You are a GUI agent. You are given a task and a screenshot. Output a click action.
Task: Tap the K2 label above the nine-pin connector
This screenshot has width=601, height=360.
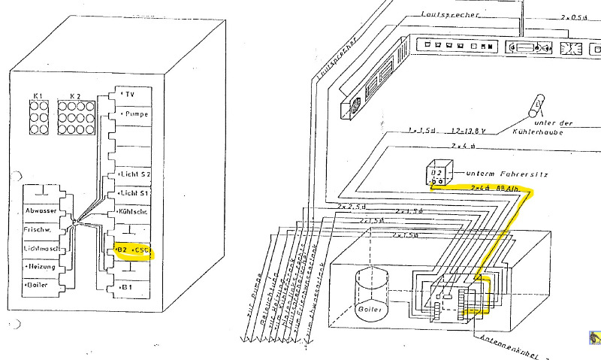(x=74, y=96)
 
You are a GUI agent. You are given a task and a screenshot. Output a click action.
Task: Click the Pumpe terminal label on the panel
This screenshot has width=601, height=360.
(x=136, y=113)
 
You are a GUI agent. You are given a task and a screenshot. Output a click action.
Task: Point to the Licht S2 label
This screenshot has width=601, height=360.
(x=136, y=174)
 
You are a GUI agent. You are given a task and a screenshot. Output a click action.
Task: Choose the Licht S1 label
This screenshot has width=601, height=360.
(x=136, y=193)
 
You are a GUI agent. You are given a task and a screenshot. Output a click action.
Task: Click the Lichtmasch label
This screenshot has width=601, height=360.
(x=41, y=247)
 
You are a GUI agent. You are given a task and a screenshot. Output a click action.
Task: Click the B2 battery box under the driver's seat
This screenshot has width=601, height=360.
(x=436, y=174)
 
